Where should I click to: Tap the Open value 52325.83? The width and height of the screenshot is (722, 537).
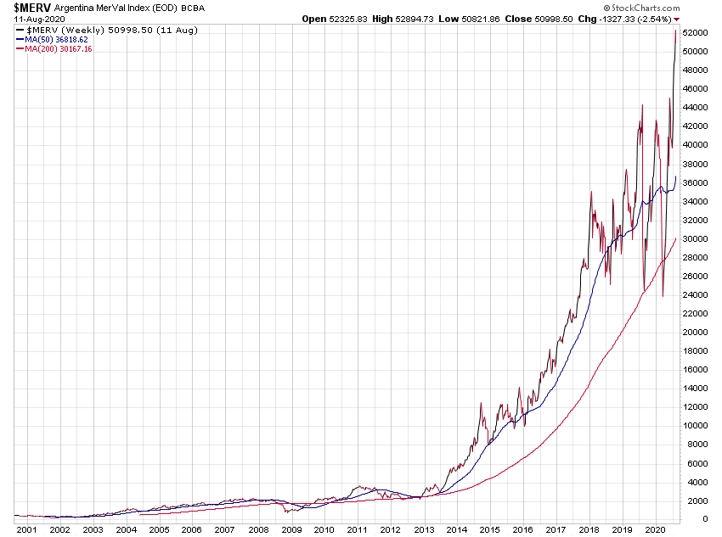[x=350, y=18]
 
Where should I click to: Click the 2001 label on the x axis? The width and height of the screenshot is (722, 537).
[x=26, y=529]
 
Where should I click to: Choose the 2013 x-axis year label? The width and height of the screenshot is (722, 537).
[x=423, y=529]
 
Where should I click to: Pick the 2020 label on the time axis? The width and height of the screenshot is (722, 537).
[x=654, y=529]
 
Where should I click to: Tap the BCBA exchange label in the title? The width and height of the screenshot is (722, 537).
[x=195, y=8]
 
